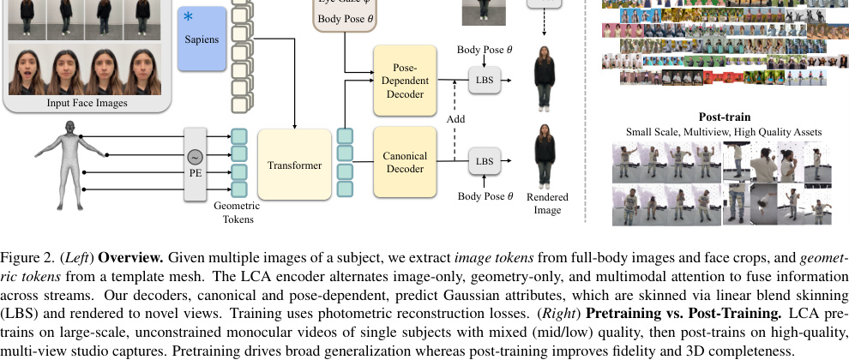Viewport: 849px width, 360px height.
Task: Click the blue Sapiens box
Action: tap(202, 39)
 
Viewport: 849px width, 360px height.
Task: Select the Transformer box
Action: tap(294, 165)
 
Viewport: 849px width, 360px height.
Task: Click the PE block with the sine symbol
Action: tap(196, 164)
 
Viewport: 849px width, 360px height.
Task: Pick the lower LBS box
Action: tap(484, 160)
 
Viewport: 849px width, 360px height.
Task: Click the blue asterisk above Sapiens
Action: tap(189, 17)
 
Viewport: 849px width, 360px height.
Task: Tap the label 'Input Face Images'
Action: tap(87, 104)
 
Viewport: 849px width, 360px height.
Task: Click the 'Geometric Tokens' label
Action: tap(236, 212)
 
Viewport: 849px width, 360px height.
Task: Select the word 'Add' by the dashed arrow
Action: tap(455, 119)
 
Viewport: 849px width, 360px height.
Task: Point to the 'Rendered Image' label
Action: tap(547, 203)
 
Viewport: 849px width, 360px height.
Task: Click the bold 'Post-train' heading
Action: tap(725, 117)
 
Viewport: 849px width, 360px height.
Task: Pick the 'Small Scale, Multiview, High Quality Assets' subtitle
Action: tap(725, 132)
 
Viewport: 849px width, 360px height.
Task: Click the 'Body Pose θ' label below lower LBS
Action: tap(485, 195)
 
